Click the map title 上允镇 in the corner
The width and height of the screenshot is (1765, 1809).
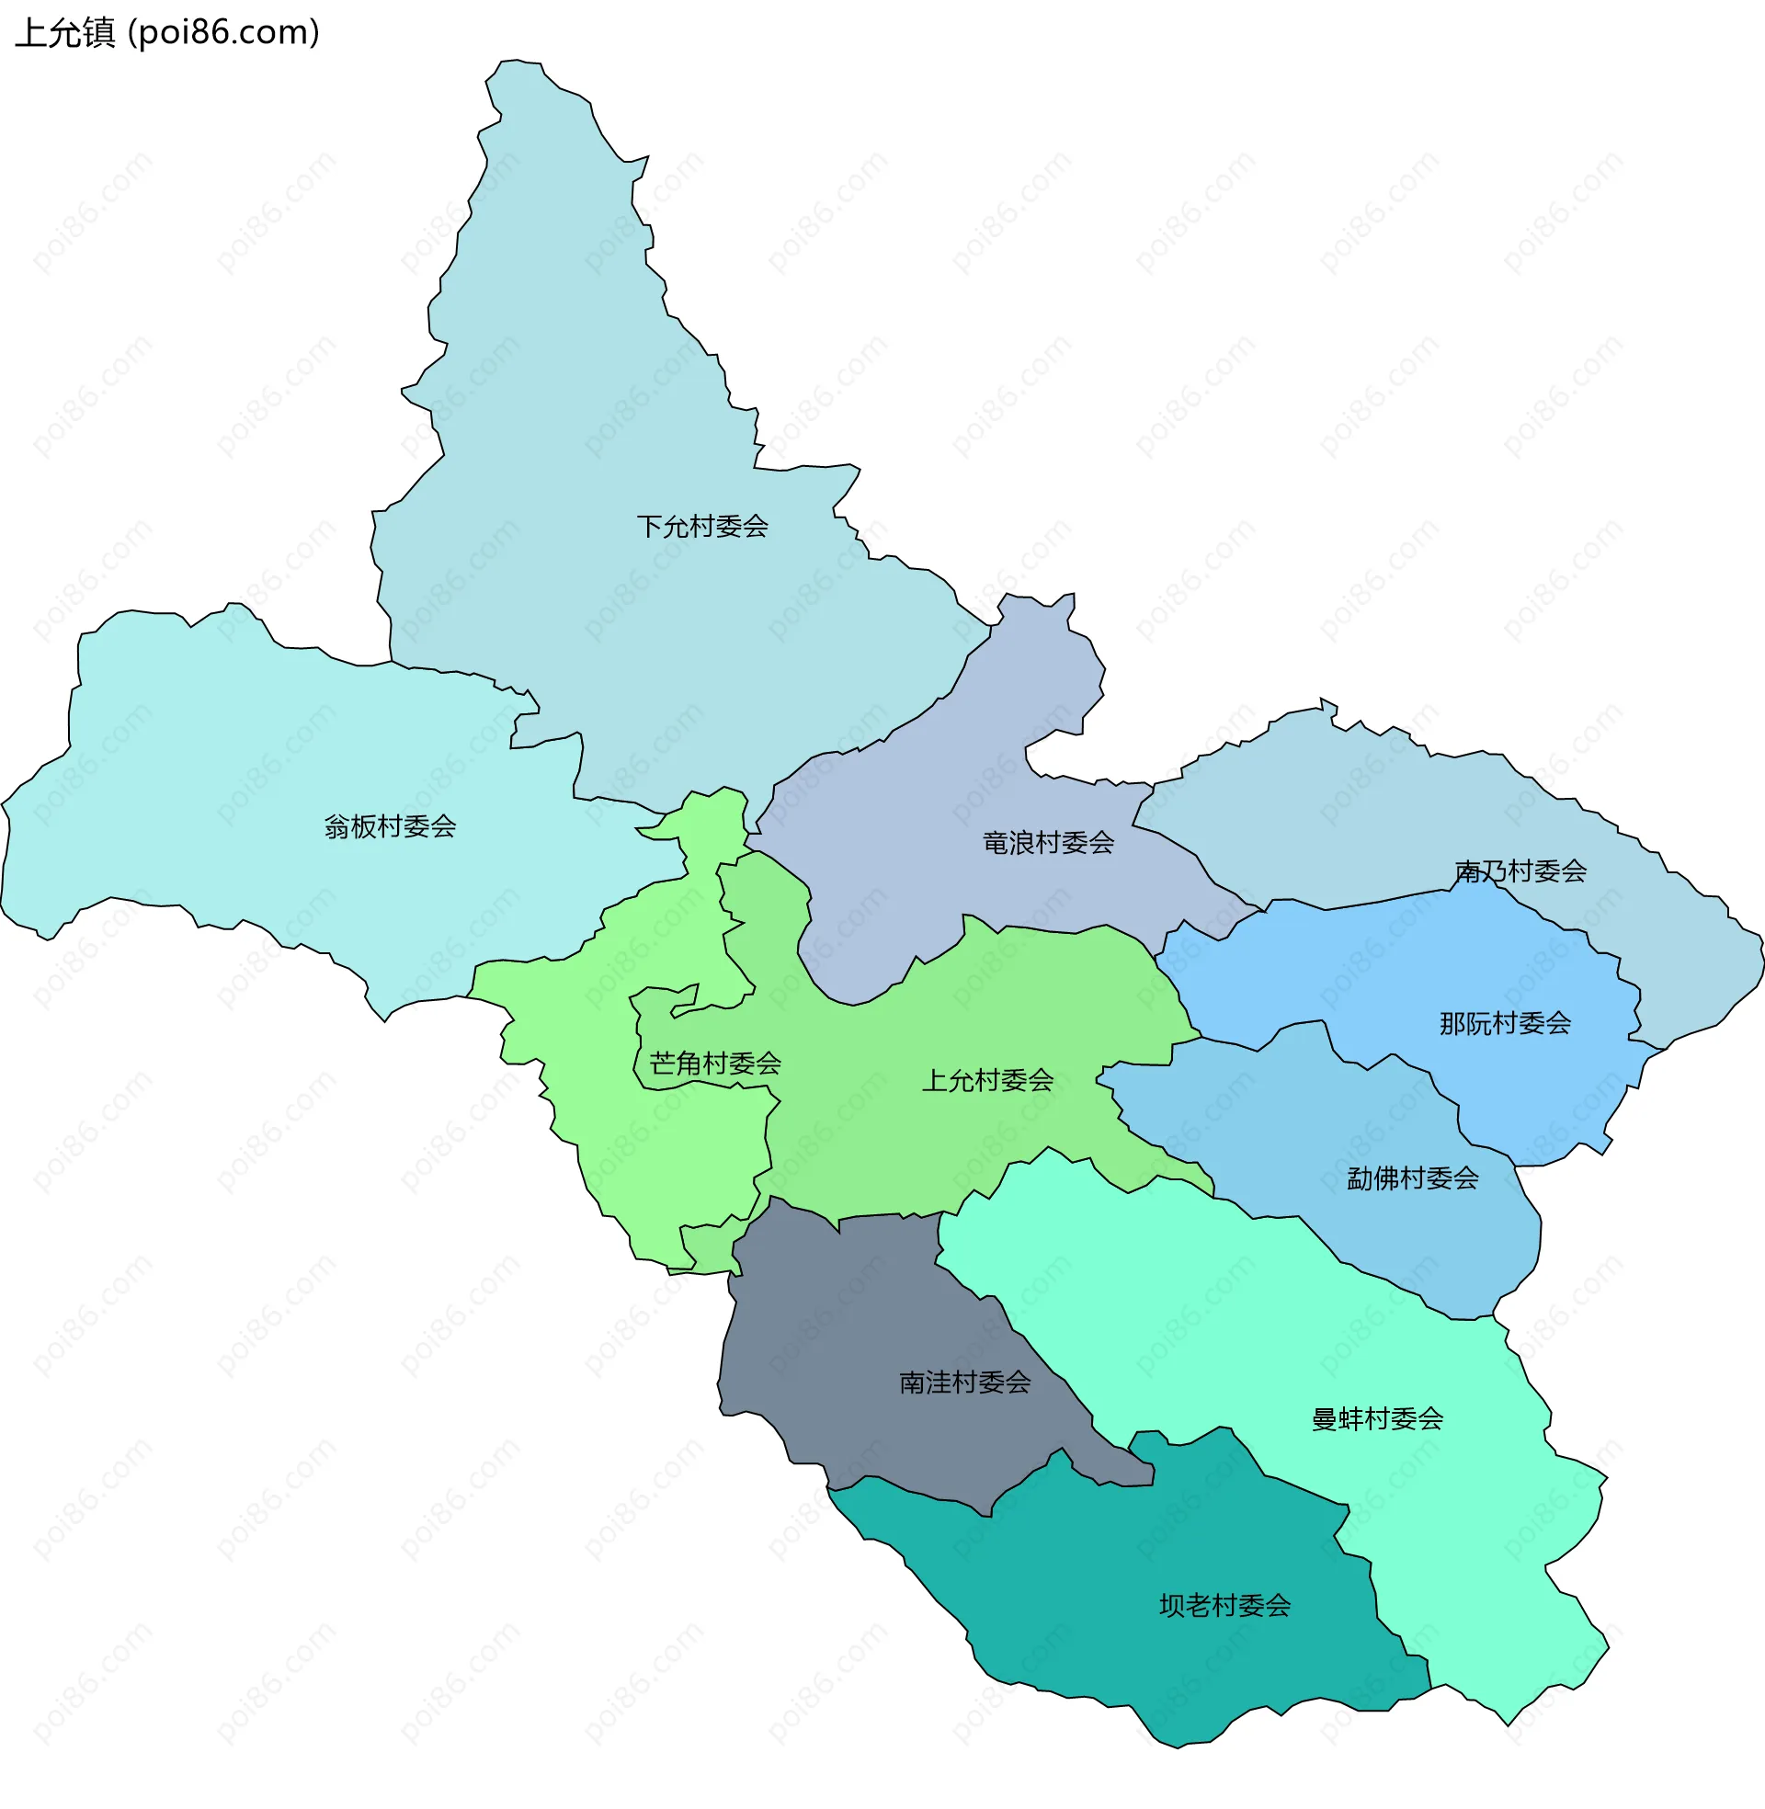(x=65, y=33)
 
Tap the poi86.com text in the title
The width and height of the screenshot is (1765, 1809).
(x=223, y=33)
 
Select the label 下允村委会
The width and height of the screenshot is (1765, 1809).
(x=701, y=528)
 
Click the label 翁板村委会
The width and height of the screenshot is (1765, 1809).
(x=391, y=826)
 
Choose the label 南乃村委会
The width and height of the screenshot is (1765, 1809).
(x=1520, y=871)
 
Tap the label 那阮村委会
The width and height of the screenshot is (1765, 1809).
(x=1505, y=1024)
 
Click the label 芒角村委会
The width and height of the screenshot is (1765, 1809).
(x=714, y=1064)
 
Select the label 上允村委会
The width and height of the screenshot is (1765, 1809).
(x=987, y=1081)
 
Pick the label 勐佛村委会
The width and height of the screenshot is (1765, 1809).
(x=1412, y=1178)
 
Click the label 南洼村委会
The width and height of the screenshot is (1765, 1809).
(x=964, y=1383)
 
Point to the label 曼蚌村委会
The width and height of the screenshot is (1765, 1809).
(x=1376, y=1420)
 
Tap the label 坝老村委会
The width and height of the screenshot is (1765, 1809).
(x=1224, y=1606)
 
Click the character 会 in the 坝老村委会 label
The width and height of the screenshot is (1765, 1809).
(x=1279, y=1606)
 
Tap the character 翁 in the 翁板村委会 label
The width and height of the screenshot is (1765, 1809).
(x=336, y=826)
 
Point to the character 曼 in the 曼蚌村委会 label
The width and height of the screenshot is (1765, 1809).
(x=1324, y=1420)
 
